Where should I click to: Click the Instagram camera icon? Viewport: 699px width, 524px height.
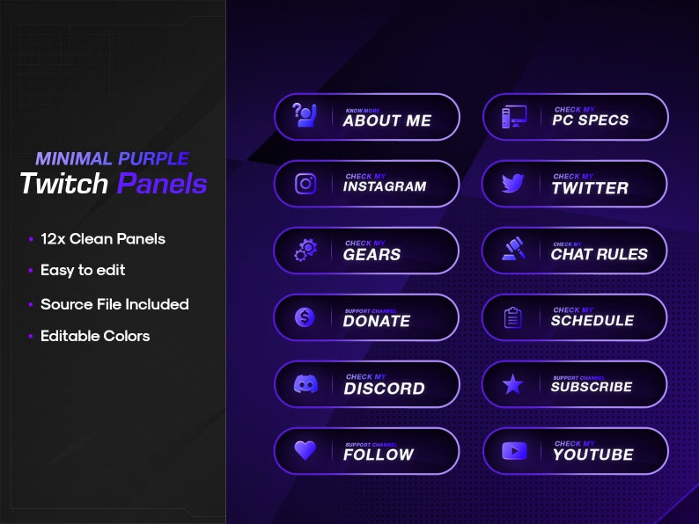305,184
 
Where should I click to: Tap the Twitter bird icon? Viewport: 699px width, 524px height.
513,184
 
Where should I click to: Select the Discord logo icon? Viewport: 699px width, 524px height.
305,384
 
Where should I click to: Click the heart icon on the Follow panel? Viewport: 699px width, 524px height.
305,450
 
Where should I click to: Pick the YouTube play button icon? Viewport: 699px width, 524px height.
513,451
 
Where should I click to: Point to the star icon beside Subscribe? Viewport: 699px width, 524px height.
513,384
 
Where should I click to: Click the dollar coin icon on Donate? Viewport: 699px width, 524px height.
305,317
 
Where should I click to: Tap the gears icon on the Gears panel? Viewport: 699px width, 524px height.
305,251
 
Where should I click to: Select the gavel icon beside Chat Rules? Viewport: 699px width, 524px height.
513,251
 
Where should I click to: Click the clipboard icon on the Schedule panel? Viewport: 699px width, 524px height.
513,317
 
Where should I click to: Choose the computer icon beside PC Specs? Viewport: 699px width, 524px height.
513,117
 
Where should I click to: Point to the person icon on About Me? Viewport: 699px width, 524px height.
305,116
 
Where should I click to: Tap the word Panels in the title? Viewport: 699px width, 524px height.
162,184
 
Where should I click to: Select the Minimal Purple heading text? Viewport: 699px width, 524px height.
112,159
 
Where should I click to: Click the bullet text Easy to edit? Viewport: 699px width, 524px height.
83,270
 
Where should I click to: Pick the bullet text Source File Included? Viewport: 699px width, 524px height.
114,304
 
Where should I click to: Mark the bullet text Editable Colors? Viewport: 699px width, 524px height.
95,336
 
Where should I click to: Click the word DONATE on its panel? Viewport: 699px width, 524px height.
377,322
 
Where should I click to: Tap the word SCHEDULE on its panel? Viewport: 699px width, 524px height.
592,321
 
